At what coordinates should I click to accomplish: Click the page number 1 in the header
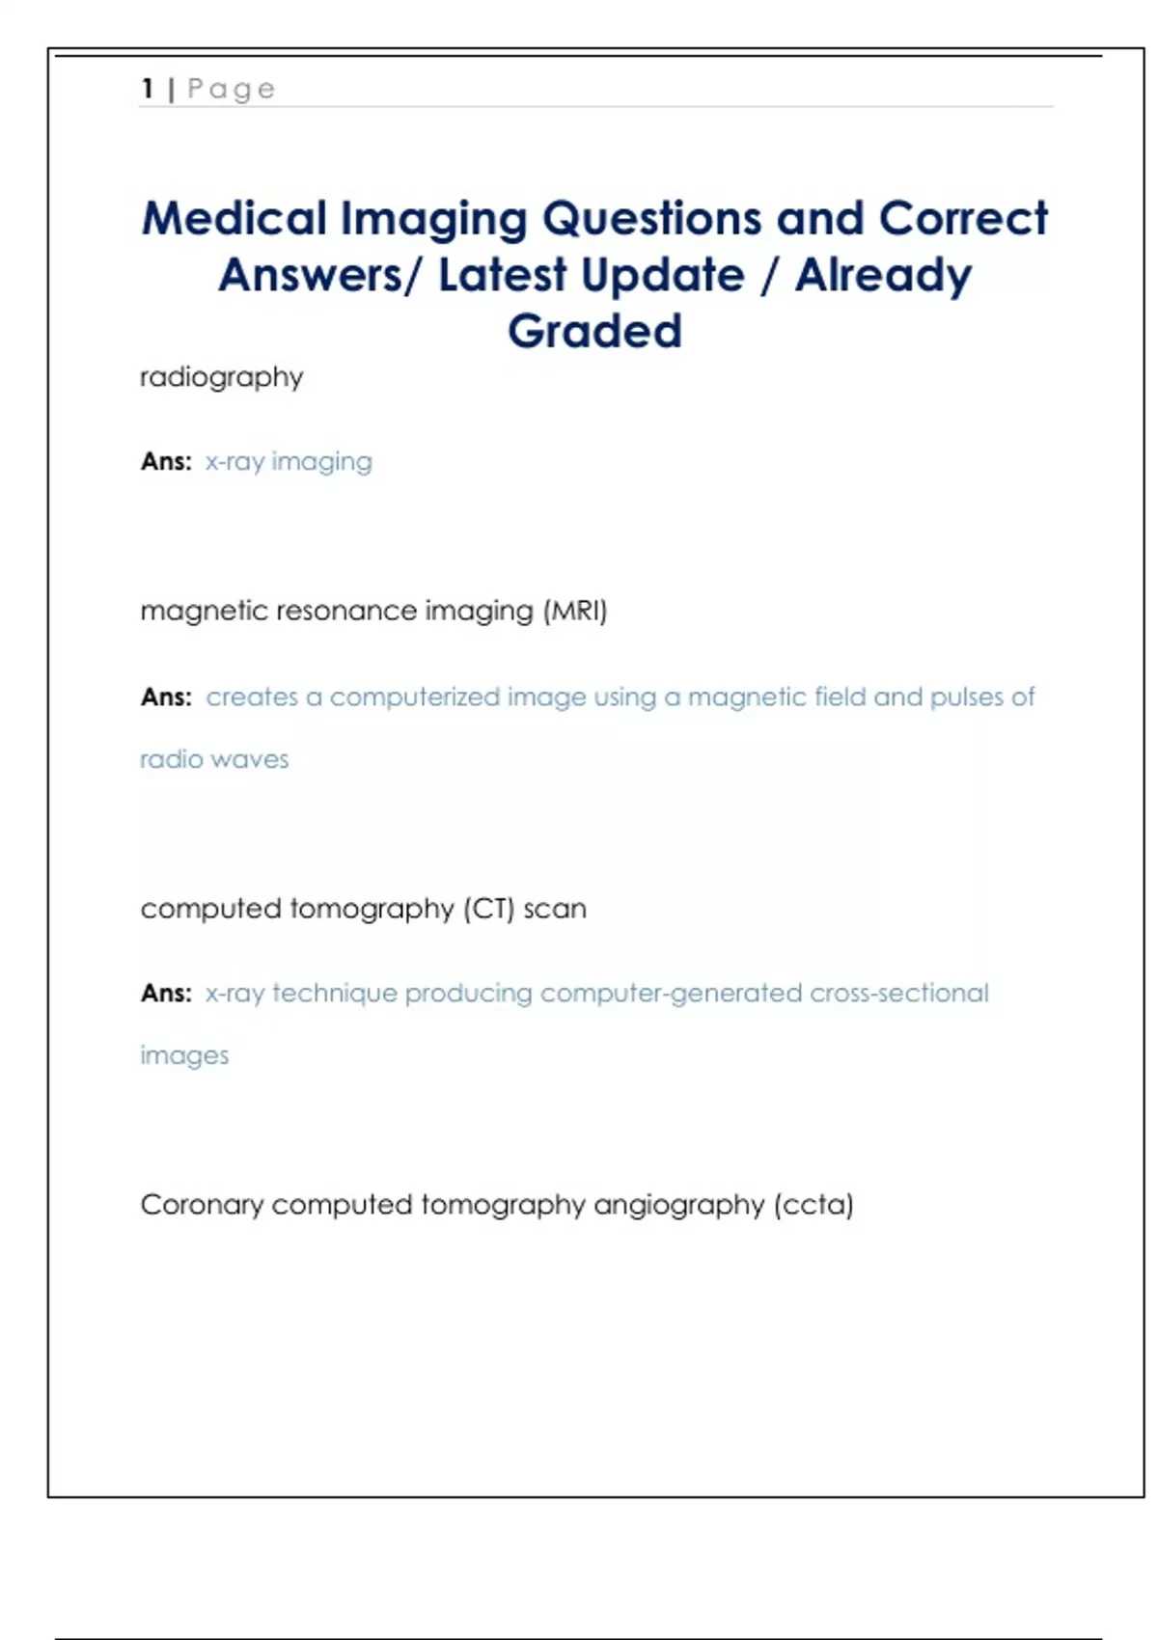pos(148,89)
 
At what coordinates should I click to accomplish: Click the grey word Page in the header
pos(232,90)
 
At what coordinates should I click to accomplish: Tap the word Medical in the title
pos(234,219)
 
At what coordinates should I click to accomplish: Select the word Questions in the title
pos(651,219)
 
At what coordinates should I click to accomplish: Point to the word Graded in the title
pos(594,331)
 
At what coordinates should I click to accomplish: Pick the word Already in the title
pos(883,276)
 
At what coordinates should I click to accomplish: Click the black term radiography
pos(221,377)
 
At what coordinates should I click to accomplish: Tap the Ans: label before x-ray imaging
pos(166,461)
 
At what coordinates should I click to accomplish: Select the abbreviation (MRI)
pos(575,611)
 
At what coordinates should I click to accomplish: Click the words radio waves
pos(214,759)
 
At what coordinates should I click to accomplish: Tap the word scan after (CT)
pos(555,909)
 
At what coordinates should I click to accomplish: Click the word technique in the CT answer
pos(334,993)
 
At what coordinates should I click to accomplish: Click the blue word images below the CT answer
pos(184,1055)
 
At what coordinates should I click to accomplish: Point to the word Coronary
pos(202,1205)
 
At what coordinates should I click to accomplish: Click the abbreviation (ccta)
pos(813,1205)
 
